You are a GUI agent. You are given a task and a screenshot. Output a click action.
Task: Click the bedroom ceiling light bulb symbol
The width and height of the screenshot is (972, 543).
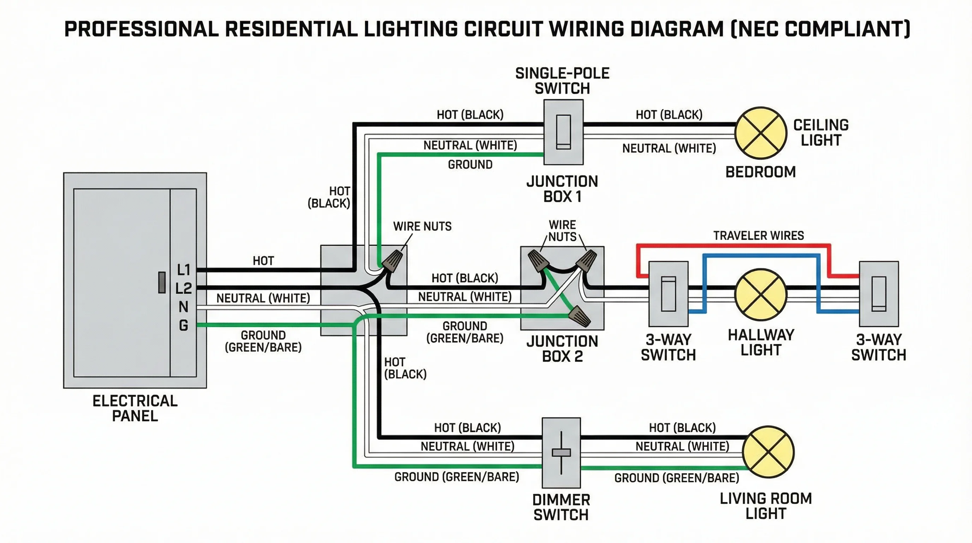761,133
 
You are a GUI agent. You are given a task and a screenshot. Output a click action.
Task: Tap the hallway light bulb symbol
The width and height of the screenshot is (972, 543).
761,294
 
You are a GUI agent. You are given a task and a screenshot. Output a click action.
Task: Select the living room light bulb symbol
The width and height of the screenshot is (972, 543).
768,452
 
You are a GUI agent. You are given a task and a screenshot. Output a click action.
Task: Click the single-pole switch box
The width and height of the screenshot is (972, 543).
563,132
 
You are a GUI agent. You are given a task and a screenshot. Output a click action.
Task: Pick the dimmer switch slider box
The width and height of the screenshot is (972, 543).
561,452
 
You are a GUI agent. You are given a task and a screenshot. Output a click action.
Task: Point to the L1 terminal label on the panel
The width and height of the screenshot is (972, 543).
184,270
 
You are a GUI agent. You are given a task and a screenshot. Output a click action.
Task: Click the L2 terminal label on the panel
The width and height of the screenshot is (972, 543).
184,288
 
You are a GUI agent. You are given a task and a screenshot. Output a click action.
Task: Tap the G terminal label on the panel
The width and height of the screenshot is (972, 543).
183,325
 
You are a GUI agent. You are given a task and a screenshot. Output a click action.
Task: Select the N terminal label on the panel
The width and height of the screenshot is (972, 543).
183,307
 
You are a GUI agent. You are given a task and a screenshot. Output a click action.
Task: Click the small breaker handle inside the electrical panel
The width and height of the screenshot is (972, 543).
161,282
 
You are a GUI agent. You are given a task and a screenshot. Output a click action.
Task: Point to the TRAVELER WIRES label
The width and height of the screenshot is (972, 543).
758,236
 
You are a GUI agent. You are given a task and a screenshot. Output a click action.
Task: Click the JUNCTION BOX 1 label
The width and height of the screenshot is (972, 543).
562,189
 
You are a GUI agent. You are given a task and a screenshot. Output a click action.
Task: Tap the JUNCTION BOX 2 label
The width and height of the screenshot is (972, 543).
562,349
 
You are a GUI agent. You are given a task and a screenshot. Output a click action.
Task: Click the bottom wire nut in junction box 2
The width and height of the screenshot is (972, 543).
580,316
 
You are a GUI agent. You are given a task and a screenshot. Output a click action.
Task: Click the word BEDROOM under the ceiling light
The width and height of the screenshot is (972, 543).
760,172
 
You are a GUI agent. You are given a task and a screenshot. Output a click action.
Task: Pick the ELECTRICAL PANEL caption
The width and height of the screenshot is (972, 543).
135,408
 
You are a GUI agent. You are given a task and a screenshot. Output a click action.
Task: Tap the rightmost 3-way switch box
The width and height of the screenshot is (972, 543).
879,294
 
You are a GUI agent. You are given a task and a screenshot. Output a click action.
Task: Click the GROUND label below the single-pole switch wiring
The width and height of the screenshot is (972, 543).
470,165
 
